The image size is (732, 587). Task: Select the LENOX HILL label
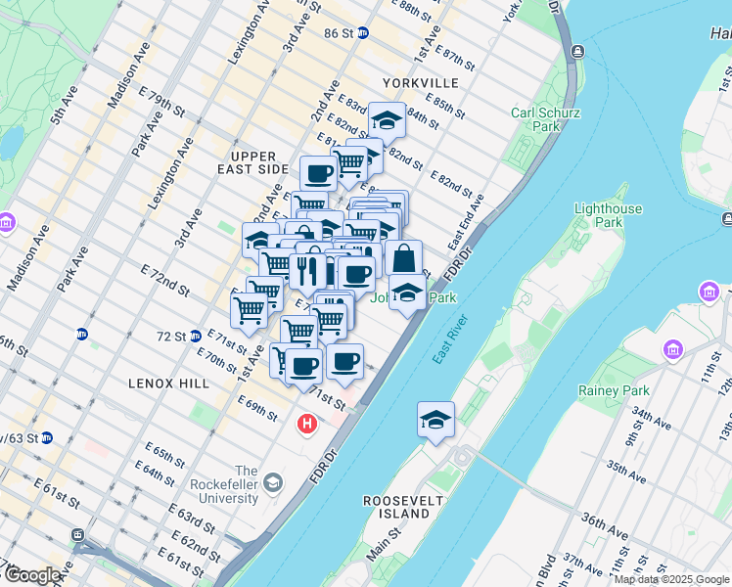168,384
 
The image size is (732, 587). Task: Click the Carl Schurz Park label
535,119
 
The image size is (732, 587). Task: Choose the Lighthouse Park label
609,215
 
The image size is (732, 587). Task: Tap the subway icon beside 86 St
363,32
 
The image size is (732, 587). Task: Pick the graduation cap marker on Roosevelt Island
435,419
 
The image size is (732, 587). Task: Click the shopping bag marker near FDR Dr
403,259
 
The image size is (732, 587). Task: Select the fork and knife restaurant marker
307,268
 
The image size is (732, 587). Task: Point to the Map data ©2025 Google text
671,579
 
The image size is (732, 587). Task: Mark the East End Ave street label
467,220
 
